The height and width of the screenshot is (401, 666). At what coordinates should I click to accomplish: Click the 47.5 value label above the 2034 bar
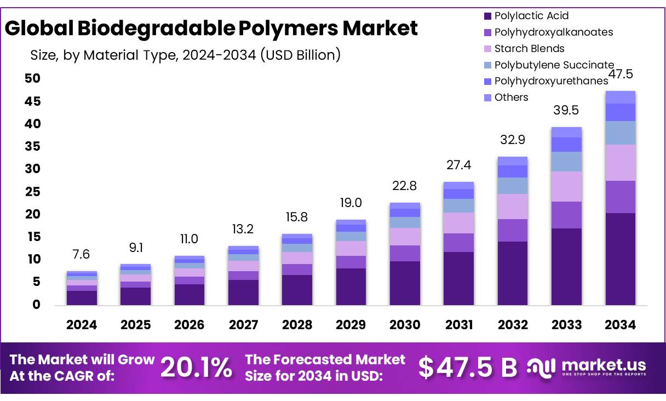pos(621,75)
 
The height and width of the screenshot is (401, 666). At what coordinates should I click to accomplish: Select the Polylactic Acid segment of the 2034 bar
pos(620,259)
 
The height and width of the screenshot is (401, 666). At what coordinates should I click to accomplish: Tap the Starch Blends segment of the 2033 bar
pos(566,186)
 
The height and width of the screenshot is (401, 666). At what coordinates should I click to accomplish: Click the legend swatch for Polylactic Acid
pos(487,16)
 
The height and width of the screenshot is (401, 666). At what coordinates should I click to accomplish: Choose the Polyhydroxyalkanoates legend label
pos(553,32)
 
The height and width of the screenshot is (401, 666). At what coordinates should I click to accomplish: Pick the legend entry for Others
pos(511,98)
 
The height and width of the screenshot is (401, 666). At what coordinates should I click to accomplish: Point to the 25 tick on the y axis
pos(33,192)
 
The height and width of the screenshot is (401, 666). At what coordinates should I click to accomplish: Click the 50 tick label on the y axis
pos(33,79)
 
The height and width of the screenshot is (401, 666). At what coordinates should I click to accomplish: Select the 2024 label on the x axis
pos(82,325)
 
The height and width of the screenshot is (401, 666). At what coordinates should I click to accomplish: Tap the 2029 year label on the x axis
pos(351,325)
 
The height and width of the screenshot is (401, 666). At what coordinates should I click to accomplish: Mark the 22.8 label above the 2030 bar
pos(405,186)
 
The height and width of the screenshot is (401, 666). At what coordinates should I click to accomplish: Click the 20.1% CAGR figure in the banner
pos(196,368)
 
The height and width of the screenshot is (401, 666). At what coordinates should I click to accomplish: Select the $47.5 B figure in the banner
pos(468,368)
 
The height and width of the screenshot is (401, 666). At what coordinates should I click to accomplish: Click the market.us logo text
pos(604,365)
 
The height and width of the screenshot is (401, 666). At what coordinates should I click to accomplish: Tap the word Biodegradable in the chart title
pos(156,28)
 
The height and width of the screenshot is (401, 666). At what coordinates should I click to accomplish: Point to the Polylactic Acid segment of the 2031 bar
pos(458,278)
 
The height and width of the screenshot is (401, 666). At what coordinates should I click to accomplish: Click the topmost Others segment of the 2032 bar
pos(512,161)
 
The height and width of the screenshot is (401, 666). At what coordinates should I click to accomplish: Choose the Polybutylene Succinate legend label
pos(554,65)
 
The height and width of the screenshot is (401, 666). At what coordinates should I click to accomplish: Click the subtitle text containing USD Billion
pos(185,55)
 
